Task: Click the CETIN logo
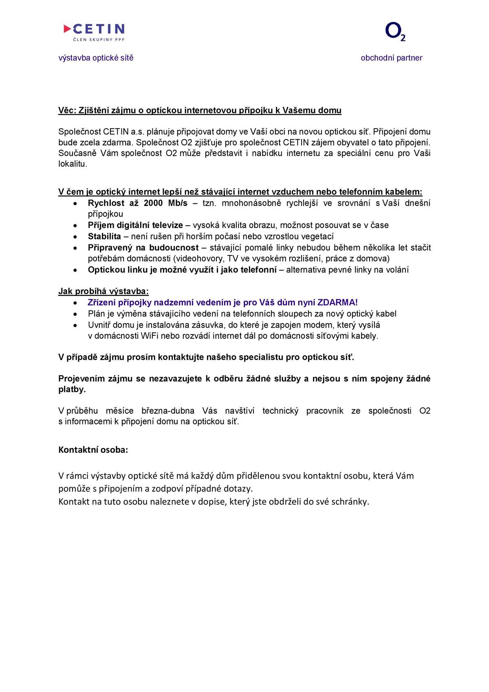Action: point(94,31)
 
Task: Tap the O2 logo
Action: point(395,32)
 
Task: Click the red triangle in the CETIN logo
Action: point(67,29)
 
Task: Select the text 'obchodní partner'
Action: point(391,58)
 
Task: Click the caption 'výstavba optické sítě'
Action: point(96,58)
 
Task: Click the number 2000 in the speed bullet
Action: point(154,203)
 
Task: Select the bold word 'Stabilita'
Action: point(104,236)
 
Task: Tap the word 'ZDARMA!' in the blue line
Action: point(338,302)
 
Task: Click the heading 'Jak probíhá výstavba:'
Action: point(104,291)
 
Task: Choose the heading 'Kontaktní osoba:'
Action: point(93,450)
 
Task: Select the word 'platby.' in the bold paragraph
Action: point(72,389)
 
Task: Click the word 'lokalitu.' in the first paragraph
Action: point(73,164)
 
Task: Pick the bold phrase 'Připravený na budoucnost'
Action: point(143,248)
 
